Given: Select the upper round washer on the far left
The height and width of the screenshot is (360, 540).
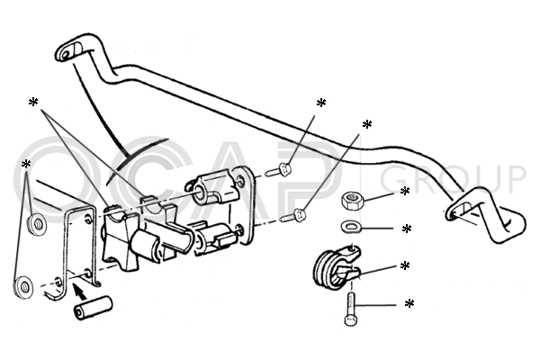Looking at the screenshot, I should click(x=37, y=225).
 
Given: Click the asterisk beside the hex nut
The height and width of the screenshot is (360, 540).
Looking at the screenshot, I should click(x=404, y=191).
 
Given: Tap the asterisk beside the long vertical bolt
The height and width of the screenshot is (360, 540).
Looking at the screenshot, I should click(x=409, y=304).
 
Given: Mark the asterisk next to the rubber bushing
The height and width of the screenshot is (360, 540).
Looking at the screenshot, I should click(x=405, y=265).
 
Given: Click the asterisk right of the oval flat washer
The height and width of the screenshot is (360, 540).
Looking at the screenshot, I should click(x=407, y=229).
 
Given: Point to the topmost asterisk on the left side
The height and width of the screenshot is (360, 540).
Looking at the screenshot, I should click(x=33, y=103).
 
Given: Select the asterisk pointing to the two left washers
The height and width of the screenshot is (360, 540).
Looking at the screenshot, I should click(x=26, y=165).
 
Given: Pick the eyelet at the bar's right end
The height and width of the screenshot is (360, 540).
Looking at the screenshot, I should click(x=458, y=211).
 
